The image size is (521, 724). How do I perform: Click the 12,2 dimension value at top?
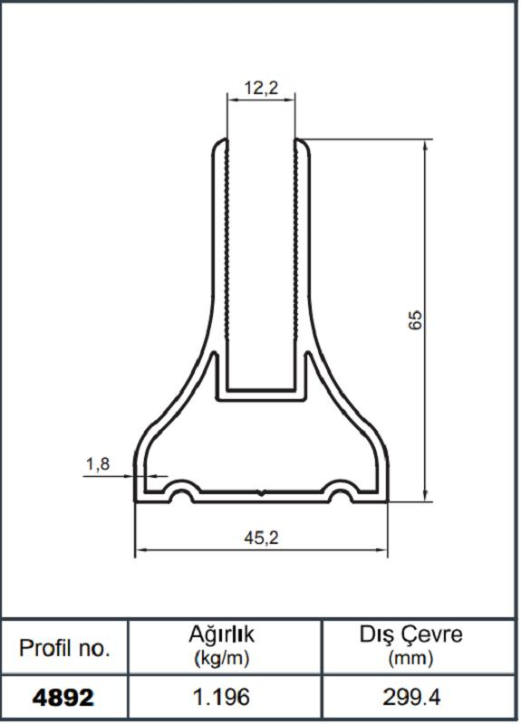tap(261, 88)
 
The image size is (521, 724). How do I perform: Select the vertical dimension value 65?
tap(416, 319)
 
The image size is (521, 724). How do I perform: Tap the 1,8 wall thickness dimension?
tap(97, 464)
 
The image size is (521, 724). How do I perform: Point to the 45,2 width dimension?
tap(261, 538)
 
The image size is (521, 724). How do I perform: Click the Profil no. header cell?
tap(64, 648)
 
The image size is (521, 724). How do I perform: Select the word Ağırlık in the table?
tap(222, 636)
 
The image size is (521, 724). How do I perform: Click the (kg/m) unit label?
tap(222, 659)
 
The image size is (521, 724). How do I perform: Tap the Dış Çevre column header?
tap(410, 635)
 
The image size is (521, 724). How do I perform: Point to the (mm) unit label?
tap(410, 659)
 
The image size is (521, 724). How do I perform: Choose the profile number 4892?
tap(63, 699)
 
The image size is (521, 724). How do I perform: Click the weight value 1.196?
tap(223, 699)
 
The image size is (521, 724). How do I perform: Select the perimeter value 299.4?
tap(410, 699)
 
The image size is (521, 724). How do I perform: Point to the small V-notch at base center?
tap(261, 493)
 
